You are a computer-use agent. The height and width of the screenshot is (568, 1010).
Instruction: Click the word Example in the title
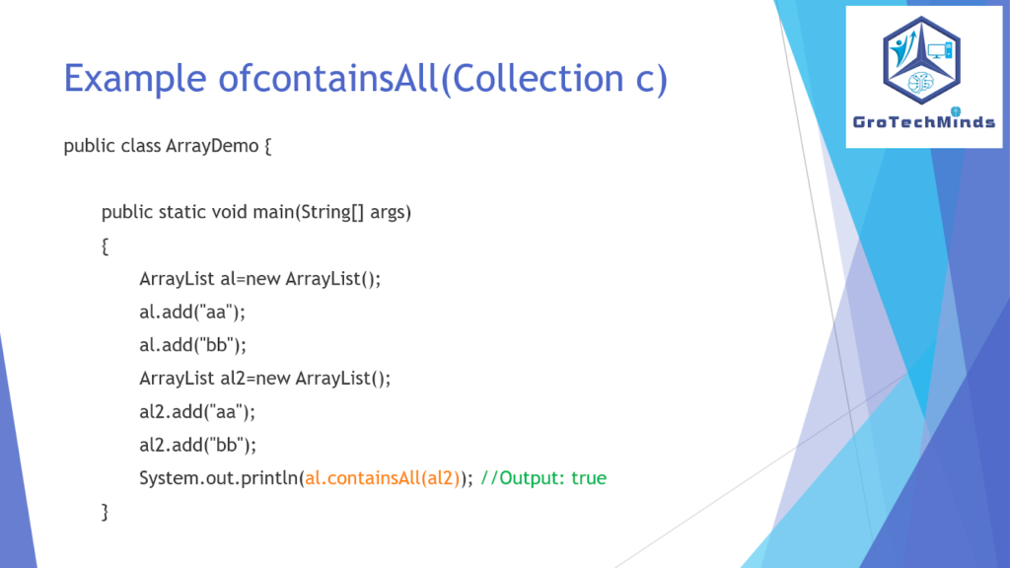pyautogui.click(x=135, y=79)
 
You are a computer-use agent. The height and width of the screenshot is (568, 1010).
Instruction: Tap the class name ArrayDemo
pyautogui.click(x=212, y=146)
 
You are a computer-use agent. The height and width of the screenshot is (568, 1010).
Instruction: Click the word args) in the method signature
pyautogui.click(x=391, y=214)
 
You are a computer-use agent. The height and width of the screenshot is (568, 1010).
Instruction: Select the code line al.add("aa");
pyautogui.click(x=192, y=313)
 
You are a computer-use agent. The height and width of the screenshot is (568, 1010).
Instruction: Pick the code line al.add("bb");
pyautogui.click(x=192, y=345)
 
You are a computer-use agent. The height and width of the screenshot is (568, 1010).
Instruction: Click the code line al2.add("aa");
pyautogui.click(x=197, y=411)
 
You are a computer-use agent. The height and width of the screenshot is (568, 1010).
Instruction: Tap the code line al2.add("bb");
pyautogui.click(x=197, y=445)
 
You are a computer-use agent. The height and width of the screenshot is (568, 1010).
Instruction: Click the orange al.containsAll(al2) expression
pyautogui.click(x=383, y=478)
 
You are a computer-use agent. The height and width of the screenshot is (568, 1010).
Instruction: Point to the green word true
pyautogui.click(x=589, y=478)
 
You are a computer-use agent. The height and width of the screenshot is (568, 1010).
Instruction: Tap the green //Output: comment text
pyautogui.click(x=523, y=478)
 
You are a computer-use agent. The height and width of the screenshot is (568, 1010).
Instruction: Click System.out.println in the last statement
pyautogui.click(x=218, y=478)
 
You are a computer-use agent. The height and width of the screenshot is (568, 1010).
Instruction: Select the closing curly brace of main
pyautogui.click(x=105, y=512)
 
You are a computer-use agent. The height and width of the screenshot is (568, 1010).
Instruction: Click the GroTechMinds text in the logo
pyautogui.click(x=923, y=121)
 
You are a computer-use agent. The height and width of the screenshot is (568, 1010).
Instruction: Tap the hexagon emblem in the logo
pyautogui.click(x=922, y=60)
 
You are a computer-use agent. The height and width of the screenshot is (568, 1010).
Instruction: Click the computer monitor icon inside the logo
pyautogui.click(x=940, y=50)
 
